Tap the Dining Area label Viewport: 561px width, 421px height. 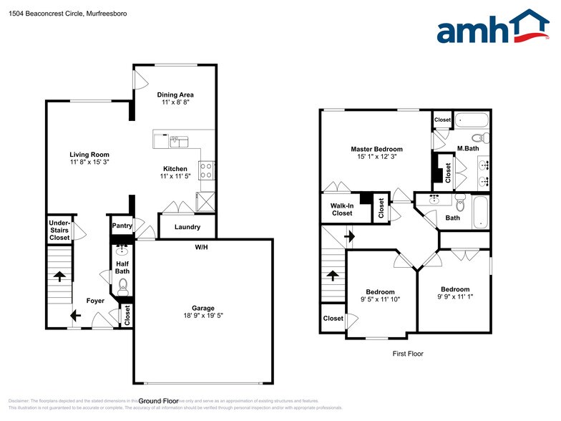pos(175,95)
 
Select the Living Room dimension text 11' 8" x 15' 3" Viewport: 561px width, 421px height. pos(89,163)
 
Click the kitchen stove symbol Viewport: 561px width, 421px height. pos(207,170)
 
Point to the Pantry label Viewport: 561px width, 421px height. pos(122,226)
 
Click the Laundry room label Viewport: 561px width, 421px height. pos(186,228)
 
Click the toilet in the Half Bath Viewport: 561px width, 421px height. pos(122,286)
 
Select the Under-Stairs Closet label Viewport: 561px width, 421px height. pos(59,230)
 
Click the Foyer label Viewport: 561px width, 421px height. pos(96,301)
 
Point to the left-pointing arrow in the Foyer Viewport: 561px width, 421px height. pos(75,314)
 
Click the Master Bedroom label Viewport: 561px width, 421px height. pos(376,149)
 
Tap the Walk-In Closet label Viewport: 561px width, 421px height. pos(341,209)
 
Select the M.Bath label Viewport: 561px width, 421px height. pos(468,149)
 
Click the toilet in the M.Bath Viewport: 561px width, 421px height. pos(481,137)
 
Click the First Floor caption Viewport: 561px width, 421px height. pos(408,354)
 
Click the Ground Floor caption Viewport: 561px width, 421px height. pos(158,401)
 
